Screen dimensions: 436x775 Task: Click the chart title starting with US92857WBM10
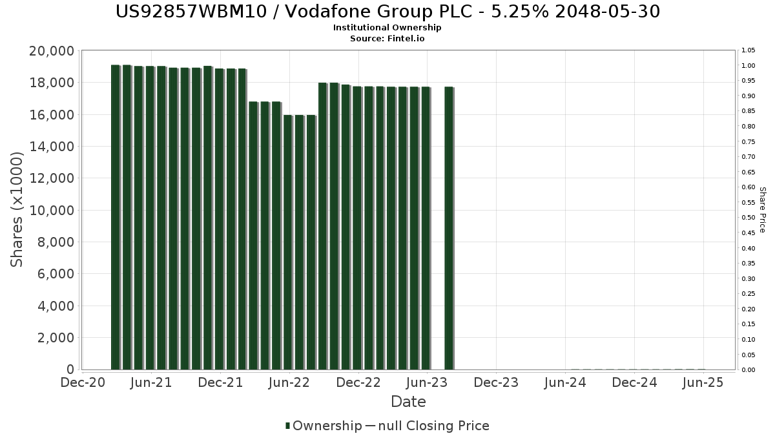387,12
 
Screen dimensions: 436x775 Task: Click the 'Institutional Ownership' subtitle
387,28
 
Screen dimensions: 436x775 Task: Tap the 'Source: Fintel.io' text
387,38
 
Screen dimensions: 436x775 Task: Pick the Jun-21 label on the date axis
151,382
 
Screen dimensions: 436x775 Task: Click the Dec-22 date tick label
358,382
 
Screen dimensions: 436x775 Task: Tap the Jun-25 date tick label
703,382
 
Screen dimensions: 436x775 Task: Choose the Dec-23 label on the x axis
496,382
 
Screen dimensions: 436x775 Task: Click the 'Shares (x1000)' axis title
17,209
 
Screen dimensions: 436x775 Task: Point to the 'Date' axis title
408,402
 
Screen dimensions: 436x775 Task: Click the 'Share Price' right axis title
762,209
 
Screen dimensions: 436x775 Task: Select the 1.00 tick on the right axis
748,66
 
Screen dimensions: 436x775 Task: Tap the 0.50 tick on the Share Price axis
748,218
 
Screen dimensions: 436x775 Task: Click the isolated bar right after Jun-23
449,227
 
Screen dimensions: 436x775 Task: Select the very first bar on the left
115,217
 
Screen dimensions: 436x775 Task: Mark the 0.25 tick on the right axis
748,294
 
